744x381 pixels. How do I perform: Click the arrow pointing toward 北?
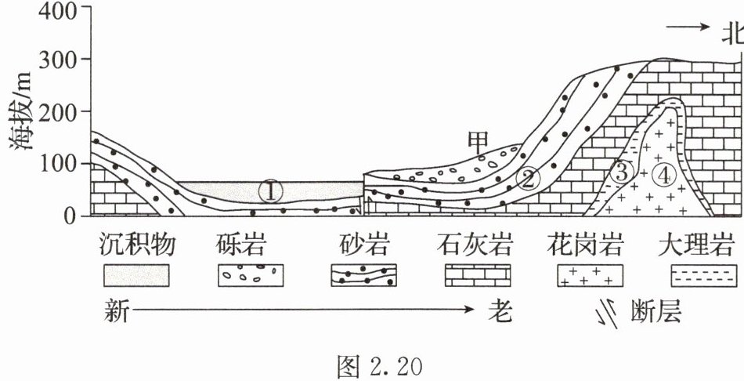[687, 27]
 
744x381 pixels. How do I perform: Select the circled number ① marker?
[269, 190]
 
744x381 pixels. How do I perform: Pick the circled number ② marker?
[528, 179]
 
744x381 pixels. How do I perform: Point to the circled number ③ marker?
[621, 172]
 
